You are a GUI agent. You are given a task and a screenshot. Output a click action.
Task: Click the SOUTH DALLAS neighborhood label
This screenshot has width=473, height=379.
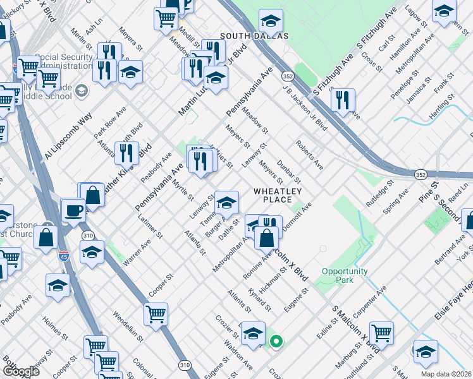[x=254, y=36]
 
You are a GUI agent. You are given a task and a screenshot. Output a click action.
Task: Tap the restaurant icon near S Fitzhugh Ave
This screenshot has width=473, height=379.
[x=343, y=100]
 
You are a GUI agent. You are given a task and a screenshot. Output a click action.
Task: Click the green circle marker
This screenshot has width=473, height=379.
[x=276, y=342]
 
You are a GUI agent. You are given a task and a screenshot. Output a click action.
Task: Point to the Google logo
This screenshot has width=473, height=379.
[x=20, y=371]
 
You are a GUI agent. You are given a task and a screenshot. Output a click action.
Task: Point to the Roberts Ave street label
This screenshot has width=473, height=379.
[x=309, y=155]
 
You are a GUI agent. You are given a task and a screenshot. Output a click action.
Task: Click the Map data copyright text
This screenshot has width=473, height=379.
[x=449, y=373]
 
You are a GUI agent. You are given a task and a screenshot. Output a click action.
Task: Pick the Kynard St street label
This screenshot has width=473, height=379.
[x=260, y=300]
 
